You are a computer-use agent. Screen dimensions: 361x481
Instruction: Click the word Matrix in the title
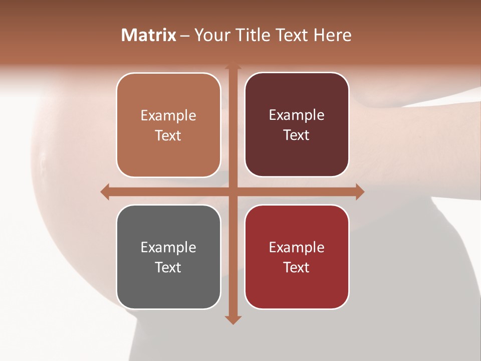149,35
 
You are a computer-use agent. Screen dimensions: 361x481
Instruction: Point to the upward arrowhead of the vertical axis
232,67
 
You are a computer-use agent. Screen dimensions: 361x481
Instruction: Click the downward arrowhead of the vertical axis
232,319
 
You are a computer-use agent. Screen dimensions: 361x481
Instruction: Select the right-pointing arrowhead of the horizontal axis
359,192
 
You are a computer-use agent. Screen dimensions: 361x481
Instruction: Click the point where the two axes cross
232,192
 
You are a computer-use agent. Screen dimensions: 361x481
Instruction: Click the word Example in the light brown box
168,116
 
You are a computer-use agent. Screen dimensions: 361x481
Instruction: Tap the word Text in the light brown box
168,135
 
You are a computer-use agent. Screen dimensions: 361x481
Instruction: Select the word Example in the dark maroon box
297,115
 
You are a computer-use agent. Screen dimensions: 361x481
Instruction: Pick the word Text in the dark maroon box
297,135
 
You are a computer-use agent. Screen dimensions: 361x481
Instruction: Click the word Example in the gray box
168,248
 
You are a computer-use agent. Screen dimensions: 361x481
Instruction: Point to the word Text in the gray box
168,267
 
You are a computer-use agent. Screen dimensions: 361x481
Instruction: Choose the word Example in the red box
297,248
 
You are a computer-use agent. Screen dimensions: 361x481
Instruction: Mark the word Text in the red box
297,267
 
